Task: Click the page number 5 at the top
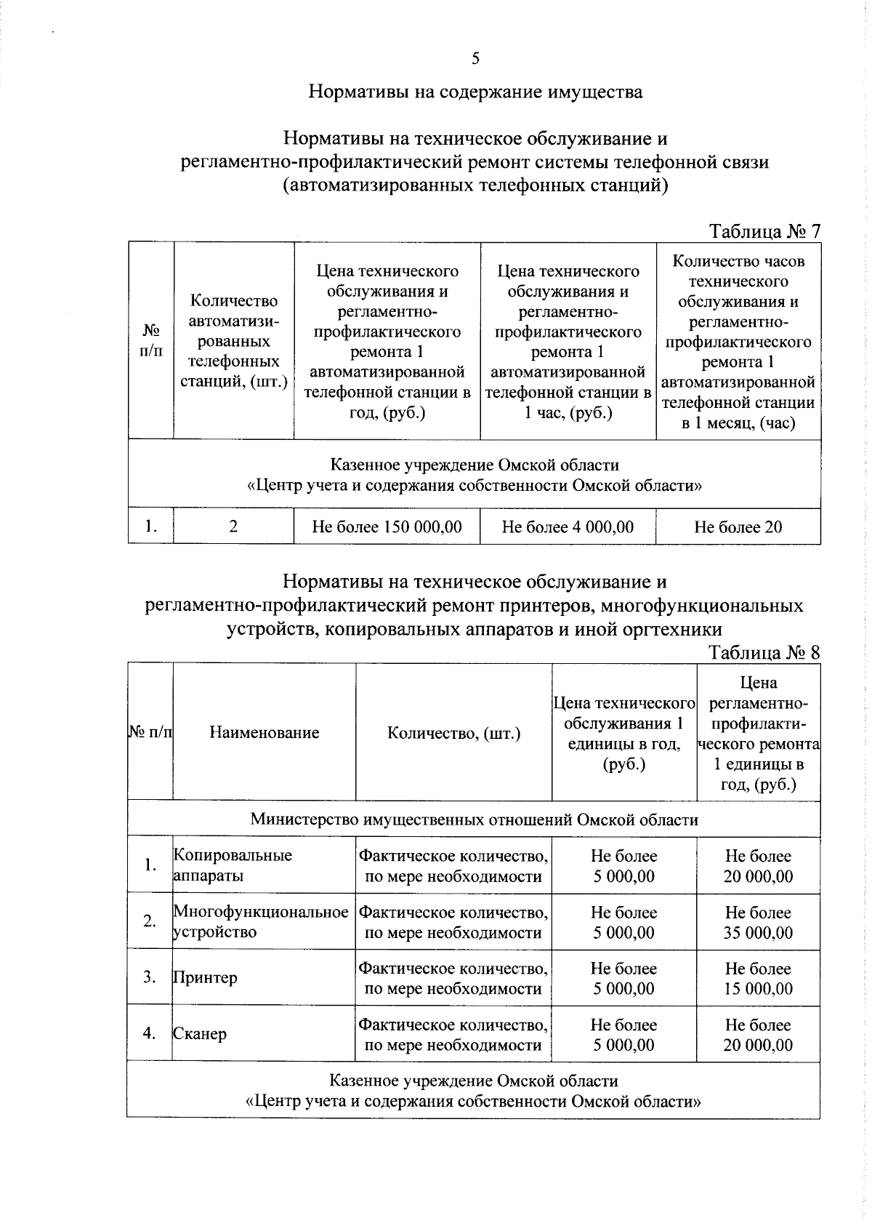coord(475,59)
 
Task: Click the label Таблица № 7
coord(764,231)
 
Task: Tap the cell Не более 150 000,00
coord(387,526)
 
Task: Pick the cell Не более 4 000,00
coord(568,526)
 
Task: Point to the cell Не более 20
coord(738,526)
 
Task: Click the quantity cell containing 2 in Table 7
coord(233,526)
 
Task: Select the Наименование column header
coord(264,732)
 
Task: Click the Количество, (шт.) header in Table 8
coord(453,732)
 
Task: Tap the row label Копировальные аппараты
coord(233,865)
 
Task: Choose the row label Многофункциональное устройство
coord(260,921)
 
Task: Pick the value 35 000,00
coord(758,932)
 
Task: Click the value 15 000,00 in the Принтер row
coord(758,988)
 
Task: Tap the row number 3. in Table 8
coord(150,977)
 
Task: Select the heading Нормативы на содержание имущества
coord(475,92)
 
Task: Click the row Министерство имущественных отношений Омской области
coord(474,820)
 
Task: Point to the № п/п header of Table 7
coord(150,340)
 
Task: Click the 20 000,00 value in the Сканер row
coord(758,1045)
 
